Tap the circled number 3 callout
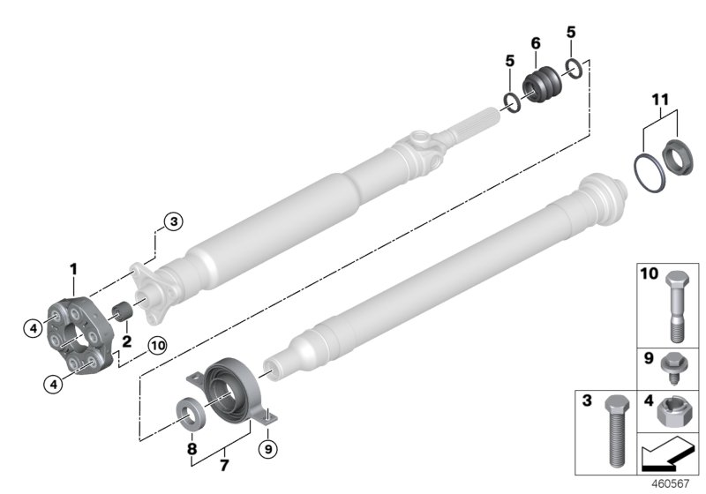[173, 222]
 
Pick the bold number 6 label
[535, 43]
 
